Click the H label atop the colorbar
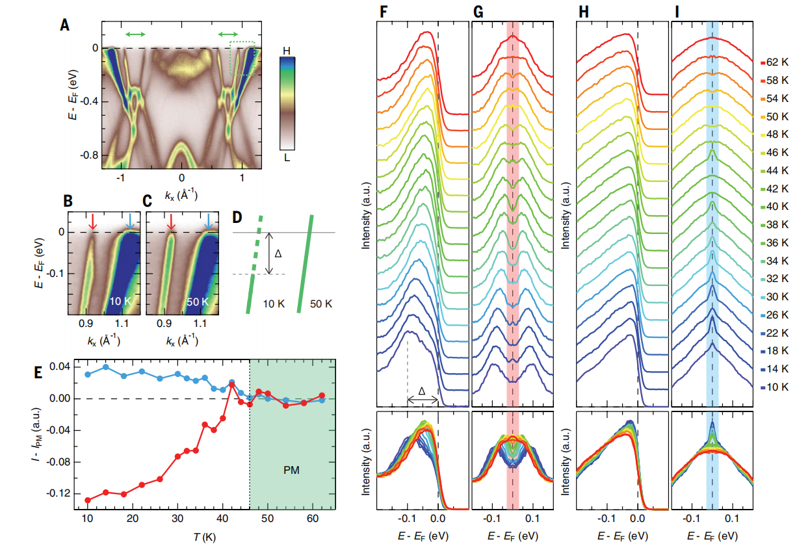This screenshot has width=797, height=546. [x=287, y=50]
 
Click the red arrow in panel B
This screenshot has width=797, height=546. [x=93, y=222]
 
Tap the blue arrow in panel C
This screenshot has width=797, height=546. [x=208, y=222]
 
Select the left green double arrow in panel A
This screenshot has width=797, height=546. [x=135, y=33]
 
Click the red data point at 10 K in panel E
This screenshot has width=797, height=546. [x=88, y=500]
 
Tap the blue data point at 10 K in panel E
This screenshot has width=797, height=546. [x=88, y=374]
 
